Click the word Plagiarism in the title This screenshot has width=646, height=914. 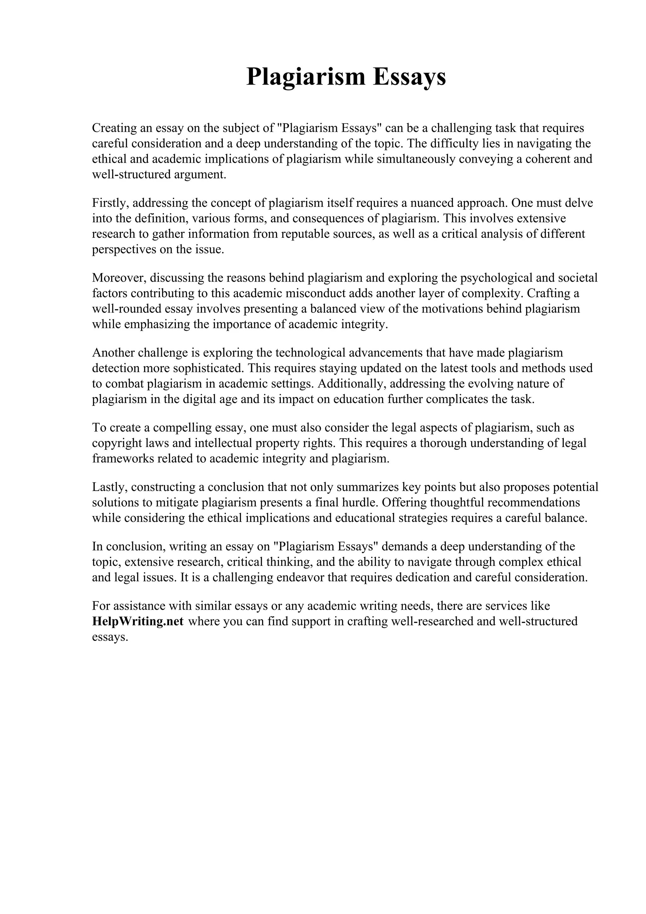[x=305, y=77]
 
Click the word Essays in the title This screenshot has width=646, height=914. [x=409, y=77]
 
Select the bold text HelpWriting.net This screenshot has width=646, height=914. [x=138, y=621]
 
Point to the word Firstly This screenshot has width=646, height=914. [x=110, y=203]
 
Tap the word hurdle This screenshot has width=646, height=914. [x=359, y=503]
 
